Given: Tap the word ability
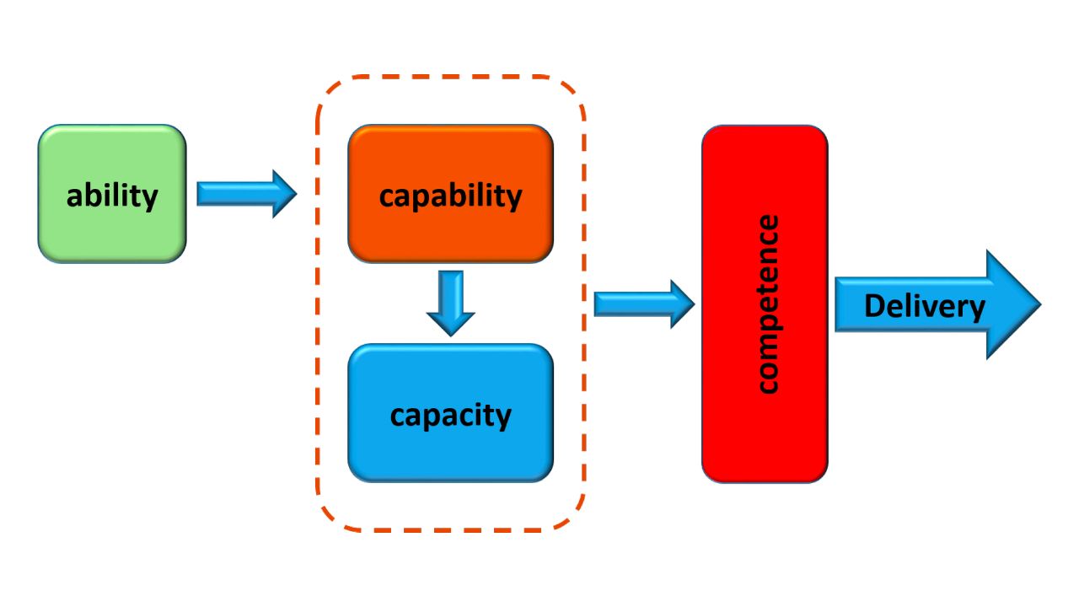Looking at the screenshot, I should pos(112,196).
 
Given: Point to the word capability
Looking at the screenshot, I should pos(450,196).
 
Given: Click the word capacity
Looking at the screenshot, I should pos(450,415).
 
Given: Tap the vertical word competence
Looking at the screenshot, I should pos(766,304).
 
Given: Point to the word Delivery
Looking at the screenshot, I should pos(924,306).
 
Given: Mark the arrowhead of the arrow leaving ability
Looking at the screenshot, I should pos(284,194).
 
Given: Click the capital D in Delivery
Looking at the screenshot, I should pos(874,305).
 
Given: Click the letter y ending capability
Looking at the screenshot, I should pos(513,199).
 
